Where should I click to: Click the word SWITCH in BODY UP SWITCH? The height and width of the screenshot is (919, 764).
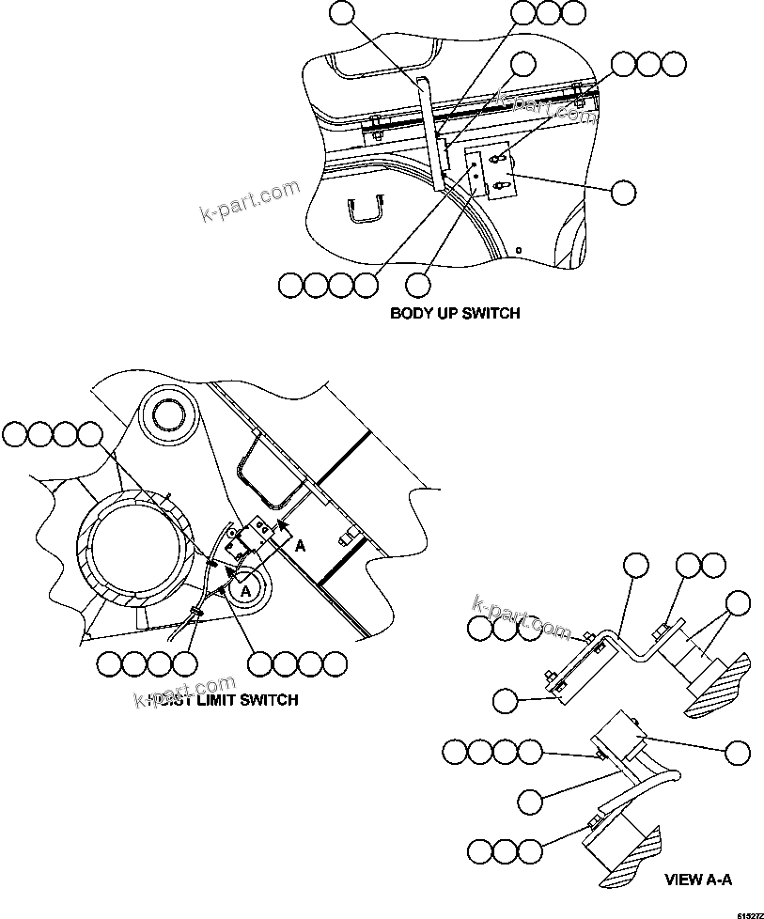point(491,313)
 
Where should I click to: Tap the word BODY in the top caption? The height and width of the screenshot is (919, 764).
point(412,313)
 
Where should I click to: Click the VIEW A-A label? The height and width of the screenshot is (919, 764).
point(697,880)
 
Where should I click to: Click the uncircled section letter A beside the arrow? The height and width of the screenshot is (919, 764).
point(300,544)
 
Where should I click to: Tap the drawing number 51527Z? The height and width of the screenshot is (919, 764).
point(749,912)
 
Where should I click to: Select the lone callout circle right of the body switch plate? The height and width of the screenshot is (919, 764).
point(622,193)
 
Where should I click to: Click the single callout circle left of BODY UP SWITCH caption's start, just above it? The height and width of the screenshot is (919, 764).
point(418,283)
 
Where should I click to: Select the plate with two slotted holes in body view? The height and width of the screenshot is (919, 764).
point(499,174)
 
